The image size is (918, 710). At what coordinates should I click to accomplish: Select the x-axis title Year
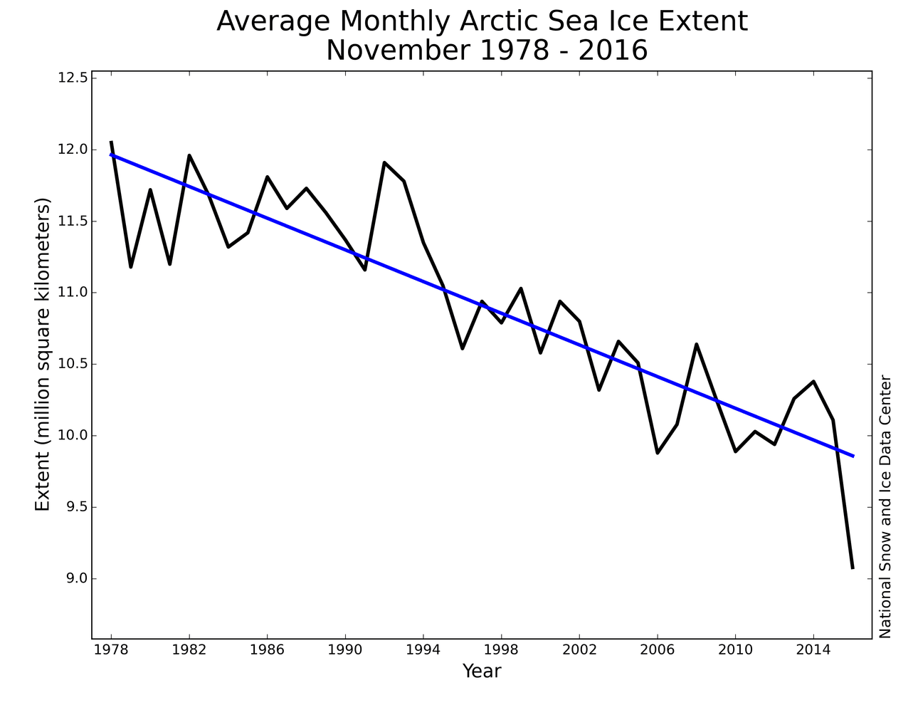[x=482, y=671]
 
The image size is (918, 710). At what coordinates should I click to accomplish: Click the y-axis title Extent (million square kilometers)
[x=43, y=355]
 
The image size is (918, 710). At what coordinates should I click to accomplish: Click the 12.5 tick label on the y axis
[x=72, y=78]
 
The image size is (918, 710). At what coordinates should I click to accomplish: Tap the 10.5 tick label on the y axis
[x=72, y=364]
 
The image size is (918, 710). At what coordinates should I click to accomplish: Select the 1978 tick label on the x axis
[x=112, y=649]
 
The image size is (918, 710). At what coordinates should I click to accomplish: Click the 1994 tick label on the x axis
[x=423, y=649]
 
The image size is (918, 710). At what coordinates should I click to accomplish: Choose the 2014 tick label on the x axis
[x=813, y=649]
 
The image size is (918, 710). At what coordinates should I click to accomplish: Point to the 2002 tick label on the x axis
[x=579, y=649]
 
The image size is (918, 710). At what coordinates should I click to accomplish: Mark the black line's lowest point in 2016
[x=853, y=568]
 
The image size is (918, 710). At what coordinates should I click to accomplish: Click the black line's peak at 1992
[x=384, y=162]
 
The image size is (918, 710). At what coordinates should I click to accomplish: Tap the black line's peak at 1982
[x=189, y=155]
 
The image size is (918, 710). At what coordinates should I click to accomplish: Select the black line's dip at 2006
[x=658, y=453]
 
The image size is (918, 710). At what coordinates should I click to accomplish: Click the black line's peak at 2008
[x=696, y=344]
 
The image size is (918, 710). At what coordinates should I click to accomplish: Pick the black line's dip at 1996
[x=463, y=348]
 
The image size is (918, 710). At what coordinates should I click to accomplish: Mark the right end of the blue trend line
[x=853, y=456]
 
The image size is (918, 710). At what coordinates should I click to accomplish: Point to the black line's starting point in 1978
[x=112, y=142]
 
